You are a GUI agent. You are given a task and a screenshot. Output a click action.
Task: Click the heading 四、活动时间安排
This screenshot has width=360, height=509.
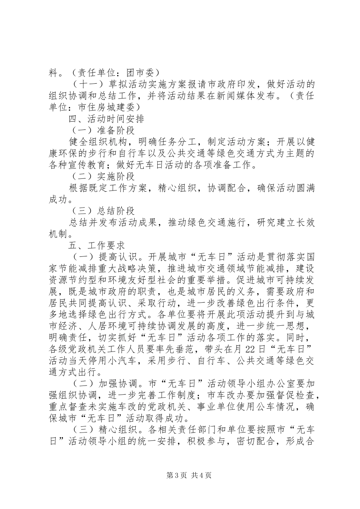(106, 119)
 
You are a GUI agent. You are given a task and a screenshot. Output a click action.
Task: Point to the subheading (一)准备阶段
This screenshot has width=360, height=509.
(102, 131)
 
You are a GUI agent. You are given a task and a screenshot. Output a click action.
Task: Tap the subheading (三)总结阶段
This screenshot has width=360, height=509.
(102, 211)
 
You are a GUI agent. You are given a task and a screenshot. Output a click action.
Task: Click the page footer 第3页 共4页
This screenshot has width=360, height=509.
(180, 475)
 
